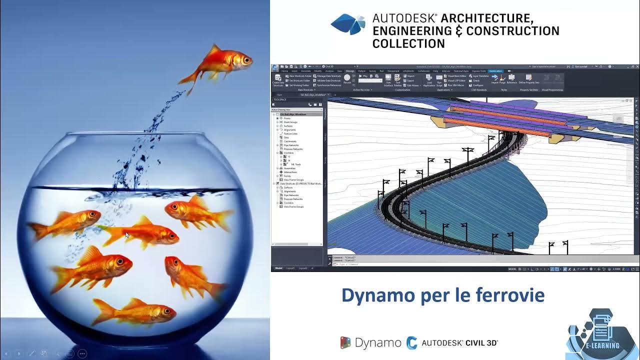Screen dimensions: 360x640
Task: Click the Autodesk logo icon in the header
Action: point(348,24)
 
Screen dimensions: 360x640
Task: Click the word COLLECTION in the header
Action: point(408,43)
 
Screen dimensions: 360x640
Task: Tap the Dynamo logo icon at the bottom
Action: point(345,342)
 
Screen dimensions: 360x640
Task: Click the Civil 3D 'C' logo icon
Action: point(412,342)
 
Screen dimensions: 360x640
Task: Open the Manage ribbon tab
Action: point(350,71)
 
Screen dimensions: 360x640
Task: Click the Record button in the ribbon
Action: point(347,79)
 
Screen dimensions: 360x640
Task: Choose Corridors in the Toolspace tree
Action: point(289,152)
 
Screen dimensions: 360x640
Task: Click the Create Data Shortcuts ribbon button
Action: point(278,80)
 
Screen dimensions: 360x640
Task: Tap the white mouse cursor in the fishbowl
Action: point(127,234)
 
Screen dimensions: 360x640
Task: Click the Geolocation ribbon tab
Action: point(495,71)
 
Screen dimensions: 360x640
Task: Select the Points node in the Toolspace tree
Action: point(287,118)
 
